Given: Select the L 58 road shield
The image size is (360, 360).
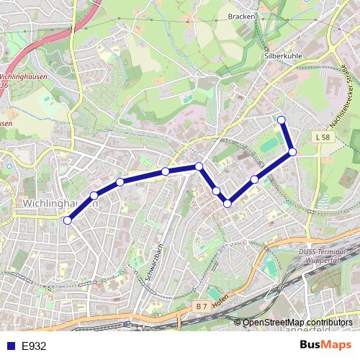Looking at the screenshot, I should pos(323,136).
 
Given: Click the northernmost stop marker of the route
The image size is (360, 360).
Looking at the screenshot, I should pos(282,120).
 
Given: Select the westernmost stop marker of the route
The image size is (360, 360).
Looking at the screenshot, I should pos(68,220).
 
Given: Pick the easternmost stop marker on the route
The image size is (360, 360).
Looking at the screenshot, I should pos(293,151).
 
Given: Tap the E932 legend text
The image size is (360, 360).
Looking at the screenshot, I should pos(34,346).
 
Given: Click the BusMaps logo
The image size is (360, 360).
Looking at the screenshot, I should pos(325,345).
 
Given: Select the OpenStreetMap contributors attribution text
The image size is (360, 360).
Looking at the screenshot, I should pos(297,323).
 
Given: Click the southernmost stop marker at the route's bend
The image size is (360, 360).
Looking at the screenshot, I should pos(228,204).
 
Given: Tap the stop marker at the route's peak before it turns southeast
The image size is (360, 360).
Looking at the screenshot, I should pos(199,166).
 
